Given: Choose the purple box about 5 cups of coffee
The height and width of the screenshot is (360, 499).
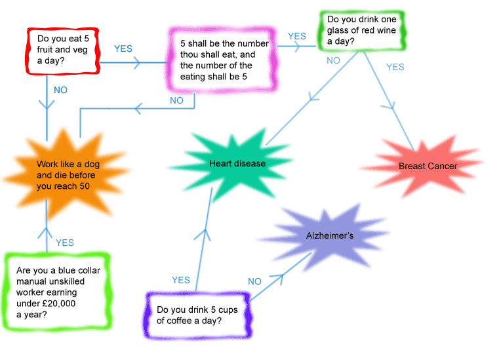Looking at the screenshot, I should (197, 315).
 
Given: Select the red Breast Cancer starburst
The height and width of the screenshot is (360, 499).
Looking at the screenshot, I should (428, 166).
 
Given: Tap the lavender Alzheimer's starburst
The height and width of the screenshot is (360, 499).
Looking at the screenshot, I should (330, 235).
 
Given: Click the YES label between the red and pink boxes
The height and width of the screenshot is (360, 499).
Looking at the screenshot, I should (123, 49).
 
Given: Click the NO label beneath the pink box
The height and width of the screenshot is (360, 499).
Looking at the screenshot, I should (176, 101).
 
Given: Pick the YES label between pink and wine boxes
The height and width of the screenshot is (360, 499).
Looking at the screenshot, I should (297, 36).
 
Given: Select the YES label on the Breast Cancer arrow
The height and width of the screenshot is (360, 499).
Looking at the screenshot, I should (395, 67).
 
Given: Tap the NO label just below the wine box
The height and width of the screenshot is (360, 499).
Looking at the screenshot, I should (333, 60).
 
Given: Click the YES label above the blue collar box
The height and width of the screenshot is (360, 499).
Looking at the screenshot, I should (65, 243).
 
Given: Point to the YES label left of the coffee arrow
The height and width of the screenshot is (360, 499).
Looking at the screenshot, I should (181, 280).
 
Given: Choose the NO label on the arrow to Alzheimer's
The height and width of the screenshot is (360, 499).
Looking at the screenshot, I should (254, 281).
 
